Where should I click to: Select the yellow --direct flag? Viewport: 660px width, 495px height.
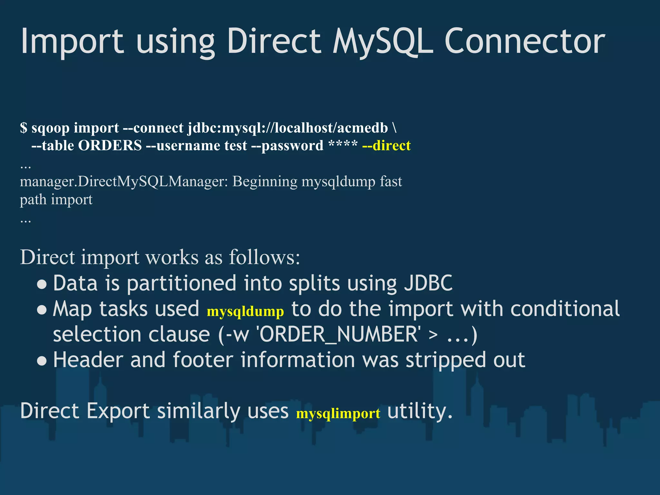386,146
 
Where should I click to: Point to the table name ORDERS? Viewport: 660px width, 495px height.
110,146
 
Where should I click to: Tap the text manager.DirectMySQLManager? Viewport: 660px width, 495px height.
124,182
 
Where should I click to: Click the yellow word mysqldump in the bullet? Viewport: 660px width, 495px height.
245,311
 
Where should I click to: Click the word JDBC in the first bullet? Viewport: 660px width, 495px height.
428,283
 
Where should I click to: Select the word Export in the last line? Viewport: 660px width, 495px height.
118,411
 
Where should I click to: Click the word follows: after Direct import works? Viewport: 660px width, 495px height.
264,257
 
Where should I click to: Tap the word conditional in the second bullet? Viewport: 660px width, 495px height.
565,309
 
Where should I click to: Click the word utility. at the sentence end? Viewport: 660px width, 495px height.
420,411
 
